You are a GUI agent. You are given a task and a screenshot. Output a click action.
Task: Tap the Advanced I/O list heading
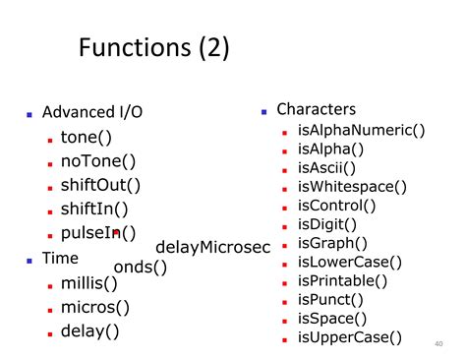coord(92,112)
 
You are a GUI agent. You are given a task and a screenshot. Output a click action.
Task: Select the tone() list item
coord(86,137)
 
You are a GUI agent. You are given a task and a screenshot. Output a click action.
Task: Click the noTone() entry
coord(98,161)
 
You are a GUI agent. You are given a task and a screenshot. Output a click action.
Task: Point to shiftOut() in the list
coord(100,185)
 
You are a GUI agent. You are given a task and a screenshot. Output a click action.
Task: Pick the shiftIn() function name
coord(94,209)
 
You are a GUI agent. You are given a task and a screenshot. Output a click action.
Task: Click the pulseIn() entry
coord(98,233)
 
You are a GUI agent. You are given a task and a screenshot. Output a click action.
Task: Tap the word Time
coord(60,258)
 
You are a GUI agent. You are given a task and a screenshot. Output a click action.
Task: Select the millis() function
coord(89,283)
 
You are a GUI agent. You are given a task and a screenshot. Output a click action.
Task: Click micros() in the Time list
coord(95,307)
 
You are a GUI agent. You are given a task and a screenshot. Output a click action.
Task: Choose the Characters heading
coord(316,109)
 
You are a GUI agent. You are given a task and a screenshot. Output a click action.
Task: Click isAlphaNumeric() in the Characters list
coord(361,129)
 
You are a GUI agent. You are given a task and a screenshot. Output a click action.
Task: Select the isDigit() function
coord(329,224)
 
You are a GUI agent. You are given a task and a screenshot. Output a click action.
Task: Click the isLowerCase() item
coord(349,262)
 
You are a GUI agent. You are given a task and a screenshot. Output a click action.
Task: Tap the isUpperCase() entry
coord(349,337)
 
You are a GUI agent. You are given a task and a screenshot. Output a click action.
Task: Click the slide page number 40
coord(438,343)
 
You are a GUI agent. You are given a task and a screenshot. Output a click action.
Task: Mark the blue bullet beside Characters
coord(264,111)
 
